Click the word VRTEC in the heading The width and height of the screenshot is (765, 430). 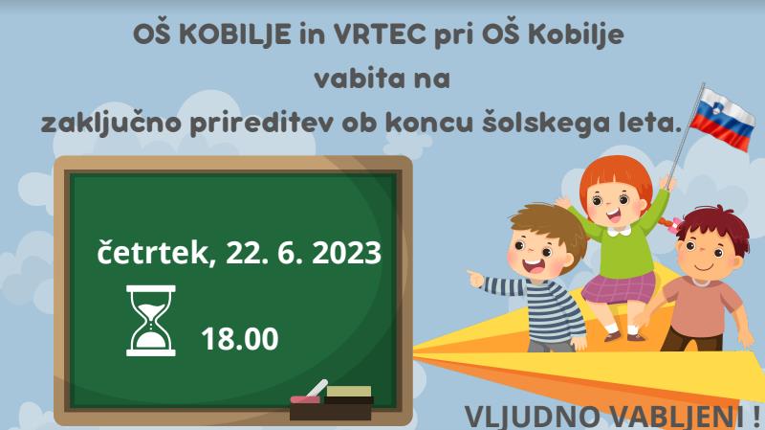[380, 34]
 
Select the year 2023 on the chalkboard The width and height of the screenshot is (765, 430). [346, 253]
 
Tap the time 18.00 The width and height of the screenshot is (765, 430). [240, 339]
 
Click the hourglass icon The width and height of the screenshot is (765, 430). [151, 321]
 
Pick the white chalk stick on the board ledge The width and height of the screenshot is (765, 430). [317, 389]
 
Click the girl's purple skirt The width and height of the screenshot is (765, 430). [619, 288]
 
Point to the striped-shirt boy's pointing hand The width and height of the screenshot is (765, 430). [475, 278]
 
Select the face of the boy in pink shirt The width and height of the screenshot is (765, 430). [707, 254]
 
